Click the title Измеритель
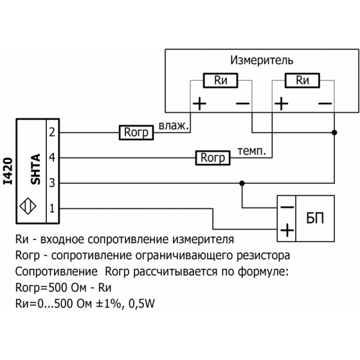[x=262, y=61]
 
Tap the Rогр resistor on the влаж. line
[x=136, y=133]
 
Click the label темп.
[x=251, y=151]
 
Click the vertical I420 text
[x=7, y=172]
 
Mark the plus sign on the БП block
[x=287, y=229]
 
